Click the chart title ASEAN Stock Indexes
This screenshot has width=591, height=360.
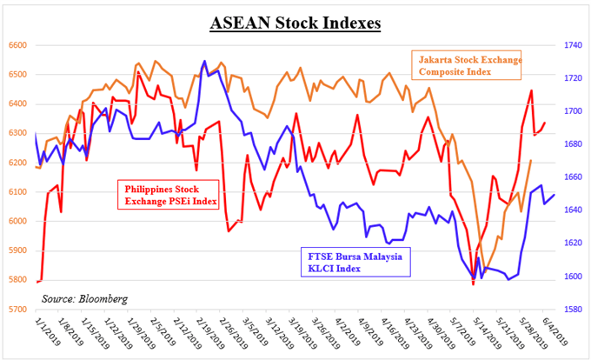[x=295, y=21]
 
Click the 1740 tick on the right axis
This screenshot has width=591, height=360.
[x=572, y=45]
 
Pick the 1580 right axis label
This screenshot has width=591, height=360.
[x=572, y=309]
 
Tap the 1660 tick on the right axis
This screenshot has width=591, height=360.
[x=572, y=177]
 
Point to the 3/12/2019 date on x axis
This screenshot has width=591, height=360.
[x=270, y=332]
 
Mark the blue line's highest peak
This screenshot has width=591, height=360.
[x=204, y=61]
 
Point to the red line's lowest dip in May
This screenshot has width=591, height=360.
[x=474, y=283]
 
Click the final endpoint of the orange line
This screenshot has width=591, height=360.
[x=531, y=161]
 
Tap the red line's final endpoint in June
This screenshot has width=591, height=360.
[x=545, y=123]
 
